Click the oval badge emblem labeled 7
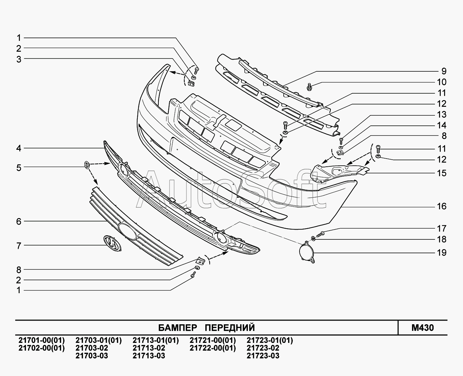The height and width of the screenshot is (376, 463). click(x=112, y=243)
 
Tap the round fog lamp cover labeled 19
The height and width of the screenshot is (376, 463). click(x=307, y=252)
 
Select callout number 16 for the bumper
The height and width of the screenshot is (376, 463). click(x=442, y=206)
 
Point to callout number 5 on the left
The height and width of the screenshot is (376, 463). click(x=19, y=168)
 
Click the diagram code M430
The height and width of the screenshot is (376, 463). click(x=422, y=327)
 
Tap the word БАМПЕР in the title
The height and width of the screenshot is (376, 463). click(x=178, y=327)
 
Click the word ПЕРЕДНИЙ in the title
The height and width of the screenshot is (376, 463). click(x=230, y=327)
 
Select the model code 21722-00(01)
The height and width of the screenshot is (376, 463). click(x=213, y=348)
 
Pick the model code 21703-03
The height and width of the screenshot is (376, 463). click(x=92, y=356)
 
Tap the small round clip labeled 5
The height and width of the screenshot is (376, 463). click(x=87, y=165)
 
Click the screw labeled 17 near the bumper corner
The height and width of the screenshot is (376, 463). click(x=320, y=234)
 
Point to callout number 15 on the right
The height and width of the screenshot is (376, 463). click(x=442, y=173)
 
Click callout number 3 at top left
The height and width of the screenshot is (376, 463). click(x=19, y=59)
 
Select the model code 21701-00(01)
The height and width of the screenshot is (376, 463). click(x=42, y=340)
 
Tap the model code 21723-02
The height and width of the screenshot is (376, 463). click(x=263, y=348)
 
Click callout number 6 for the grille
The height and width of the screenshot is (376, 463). click(x=19, y=221)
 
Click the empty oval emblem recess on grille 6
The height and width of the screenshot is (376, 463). click(x=128, y=231)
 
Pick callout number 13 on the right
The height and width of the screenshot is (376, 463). click(x=442, y=114)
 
